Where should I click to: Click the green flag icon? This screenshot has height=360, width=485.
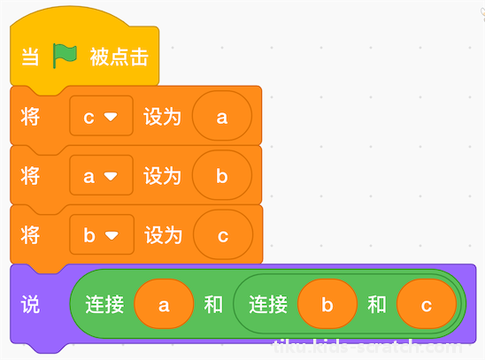pyautogui.click(x=65, y=56)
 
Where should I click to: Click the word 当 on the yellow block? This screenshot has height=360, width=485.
pyautogui.click(x=30, y=57)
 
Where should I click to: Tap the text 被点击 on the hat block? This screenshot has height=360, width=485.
pyautogui.click(x=119, y=57)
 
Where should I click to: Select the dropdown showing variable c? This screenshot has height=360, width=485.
pyautogui.click(x=102, y=116)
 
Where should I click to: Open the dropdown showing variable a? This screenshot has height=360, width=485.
pyautogui.click(x=102, y=175)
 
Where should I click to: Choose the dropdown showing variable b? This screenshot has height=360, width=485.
pyautogui.click(x=102, y=234)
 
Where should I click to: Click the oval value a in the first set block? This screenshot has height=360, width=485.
pyautogui.click(x=222, y=116)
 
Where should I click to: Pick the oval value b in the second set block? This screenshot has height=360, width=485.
pyautogui.click(x=222, y=175)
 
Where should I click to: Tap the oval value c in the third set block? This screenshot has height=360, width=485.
pyautogui.click(x=223, y=234)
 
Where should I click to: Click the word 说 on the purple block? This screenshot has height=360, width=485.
pyautogui.click(x=30, y=304)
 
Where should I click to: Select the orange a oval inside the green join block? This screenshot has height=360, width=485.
pyautogui.click(x=164, y=304)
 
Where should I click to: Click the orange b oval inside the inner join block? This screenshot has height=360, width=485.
pyautogui.click(x=327, y=304)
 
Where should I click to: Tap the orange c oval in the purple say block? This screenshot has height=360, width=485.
pyautogui.click(x=427, y=304)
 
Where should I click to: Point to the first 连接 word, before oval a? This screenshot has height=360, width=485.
pyautogui.click(x=104, y=304)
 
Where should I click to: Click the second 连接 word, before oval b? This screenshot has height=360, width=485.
pyautogui.click(x=268, y=304)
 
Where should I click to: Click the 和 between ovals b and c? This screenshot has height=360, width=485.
pyautogui.click(x=377, y=304)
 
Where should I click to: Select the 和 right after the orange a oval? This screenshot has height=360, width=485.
pyautogui.click(x=213, y=304)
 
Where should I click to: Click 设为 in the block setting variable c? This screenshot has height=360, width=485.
pyautogui.click(x=162, y=117)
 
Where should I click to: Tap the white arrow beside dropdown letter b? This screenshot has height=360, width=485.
pyautogui.click(x=112, y=236)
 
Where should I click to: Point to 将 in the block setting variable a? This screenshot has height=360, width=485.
pyautogui.click(x=30, y=176)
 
